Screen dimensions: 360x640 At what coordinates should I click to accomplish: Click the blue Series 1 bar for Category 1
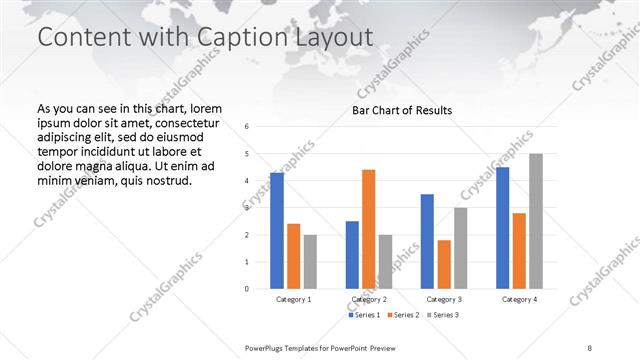tap(277, 231)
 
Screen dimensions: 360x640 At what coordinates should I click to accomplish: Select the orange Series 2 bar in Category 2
tap(369, 229)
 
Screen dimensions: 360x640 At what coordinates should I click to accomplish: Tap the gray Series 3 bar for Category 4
tap(536, 221)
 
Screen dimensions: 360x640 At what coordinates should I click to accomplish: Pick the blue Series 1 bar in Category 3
tap(427, 241)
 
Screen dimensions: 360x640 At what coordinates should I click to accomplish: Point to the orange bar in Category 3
tap(444, 264)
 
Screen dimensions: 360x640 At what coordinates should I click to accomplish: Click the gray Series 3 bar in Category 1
tap(310, 262)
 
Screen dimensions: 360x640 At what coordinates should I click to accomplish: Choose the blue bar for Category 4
tap(502, 228)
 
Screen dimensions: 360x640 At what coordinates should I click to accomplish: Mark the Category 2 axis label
tap(369, 299)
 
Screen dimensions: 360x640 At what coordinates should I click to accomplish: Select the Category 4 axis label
tap(519, 299)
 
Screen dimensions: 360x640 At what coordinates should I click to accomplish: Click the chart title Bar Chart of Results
tap(402, 110)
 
